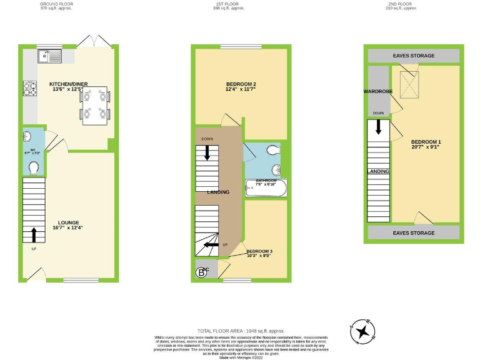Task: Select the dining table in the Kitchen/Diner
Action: (96, 104)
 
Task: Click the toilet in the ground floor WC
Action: (34, 167)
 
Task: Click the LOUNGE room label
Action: (69, 224)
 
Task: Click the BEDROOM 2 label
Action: (241, 87)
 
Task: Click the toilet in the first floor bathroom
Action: (273, 150)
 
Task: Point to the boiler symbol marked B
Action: (202, 272)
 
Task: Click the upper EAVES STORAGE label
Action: (413, 56)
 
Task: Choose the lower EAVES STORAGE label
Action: (413, 233)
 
